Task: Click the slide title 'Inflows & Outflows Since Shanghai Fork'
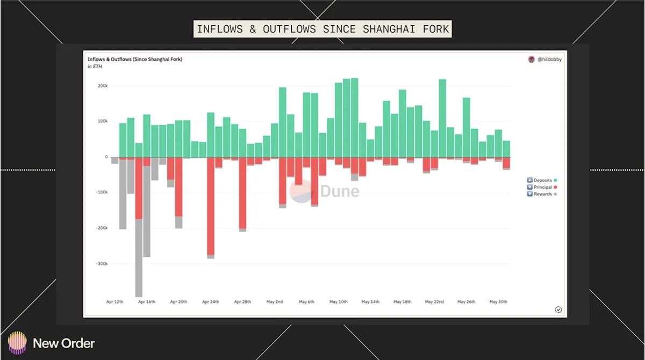click(x=322, y=28)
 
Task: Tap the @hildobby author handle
click(x=549, y=60)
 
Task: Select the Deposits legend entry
click(x=542, y=181)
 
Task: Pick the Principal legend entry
click(x=542, y=188)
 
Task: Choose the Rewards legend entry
click(x=542, y=194)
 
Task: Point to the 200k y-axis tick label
click(x=102, y=86)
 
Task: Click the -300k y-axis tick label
click(x=101, y=264)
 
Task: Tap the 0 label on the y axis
click(x=106, y=157)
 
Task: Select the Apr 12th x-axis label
click(x=114, y=302)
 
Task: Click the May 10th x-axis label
click(x=339, y=302)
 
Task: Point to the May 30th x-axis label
click(x=498, y=302)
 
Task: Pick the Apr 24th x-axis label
click(x=211, y=302)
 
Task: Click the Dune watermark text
click(x=340, y=191)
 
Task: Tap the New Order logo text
click(x=63, y=343)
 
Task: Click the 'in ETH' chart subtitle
click(x=95, y=67)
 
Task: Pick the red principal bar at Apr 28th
click(x=242, y=193)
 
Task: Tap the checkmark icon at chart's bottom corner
click(x=558, y=309)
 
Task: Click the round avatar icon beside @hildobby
click(x=532, y=60)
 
